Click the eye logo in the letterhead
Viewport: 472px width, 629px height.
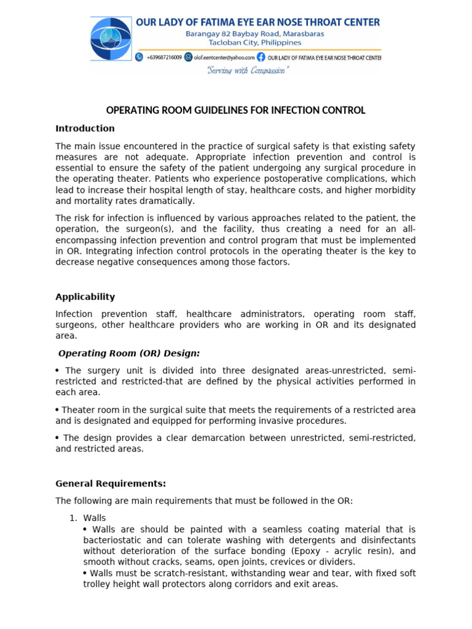click(x=111, y=39)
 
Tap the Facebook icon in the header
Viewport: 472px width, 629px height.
click(x=261, y=57)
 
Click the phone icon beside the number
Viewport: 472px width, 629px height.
click(x=139, y=57)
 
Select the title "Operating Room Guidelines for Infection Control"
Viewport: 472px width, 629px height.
click(x=236, y=111)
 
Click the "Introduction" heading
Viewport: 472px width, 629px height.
click(x=85, y=128)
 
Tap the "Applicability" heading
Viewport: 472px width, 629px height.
click(x=85, y=297)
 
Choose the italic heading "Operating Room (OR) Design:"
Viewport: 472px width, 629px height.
click(x=129, y=353)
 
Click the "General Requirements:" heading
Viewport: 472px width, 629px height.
click(x=111, y=483)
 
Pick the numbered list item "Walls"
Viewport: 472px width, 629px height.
click(x=95, y=518)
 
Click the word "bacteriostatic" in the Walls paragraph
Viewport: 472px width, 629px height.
click(x=112, y=540)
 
